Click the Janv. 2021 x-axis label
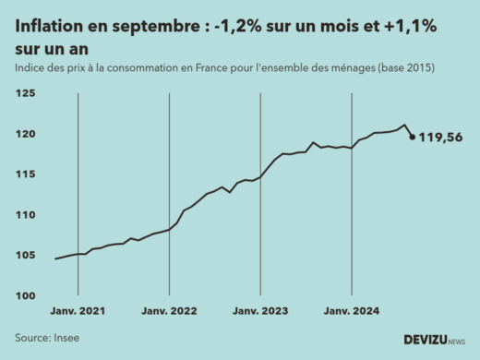pyautogui.click(x=78, y=312)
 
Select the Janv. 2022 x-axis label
pyautogui.click(x=169, y=312)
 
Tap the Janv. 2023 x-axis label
pyautogui.click(x=260, y=312)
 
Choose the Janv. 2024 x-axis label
pyautogui.click(x=352, y=312)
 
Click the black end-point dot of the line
pyautogui.click(x=412, y=138)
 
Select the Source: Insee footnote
pyautogui.click(x=47, y=338)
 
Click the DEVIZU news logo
pyautogui.click(x=435, y=339)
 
